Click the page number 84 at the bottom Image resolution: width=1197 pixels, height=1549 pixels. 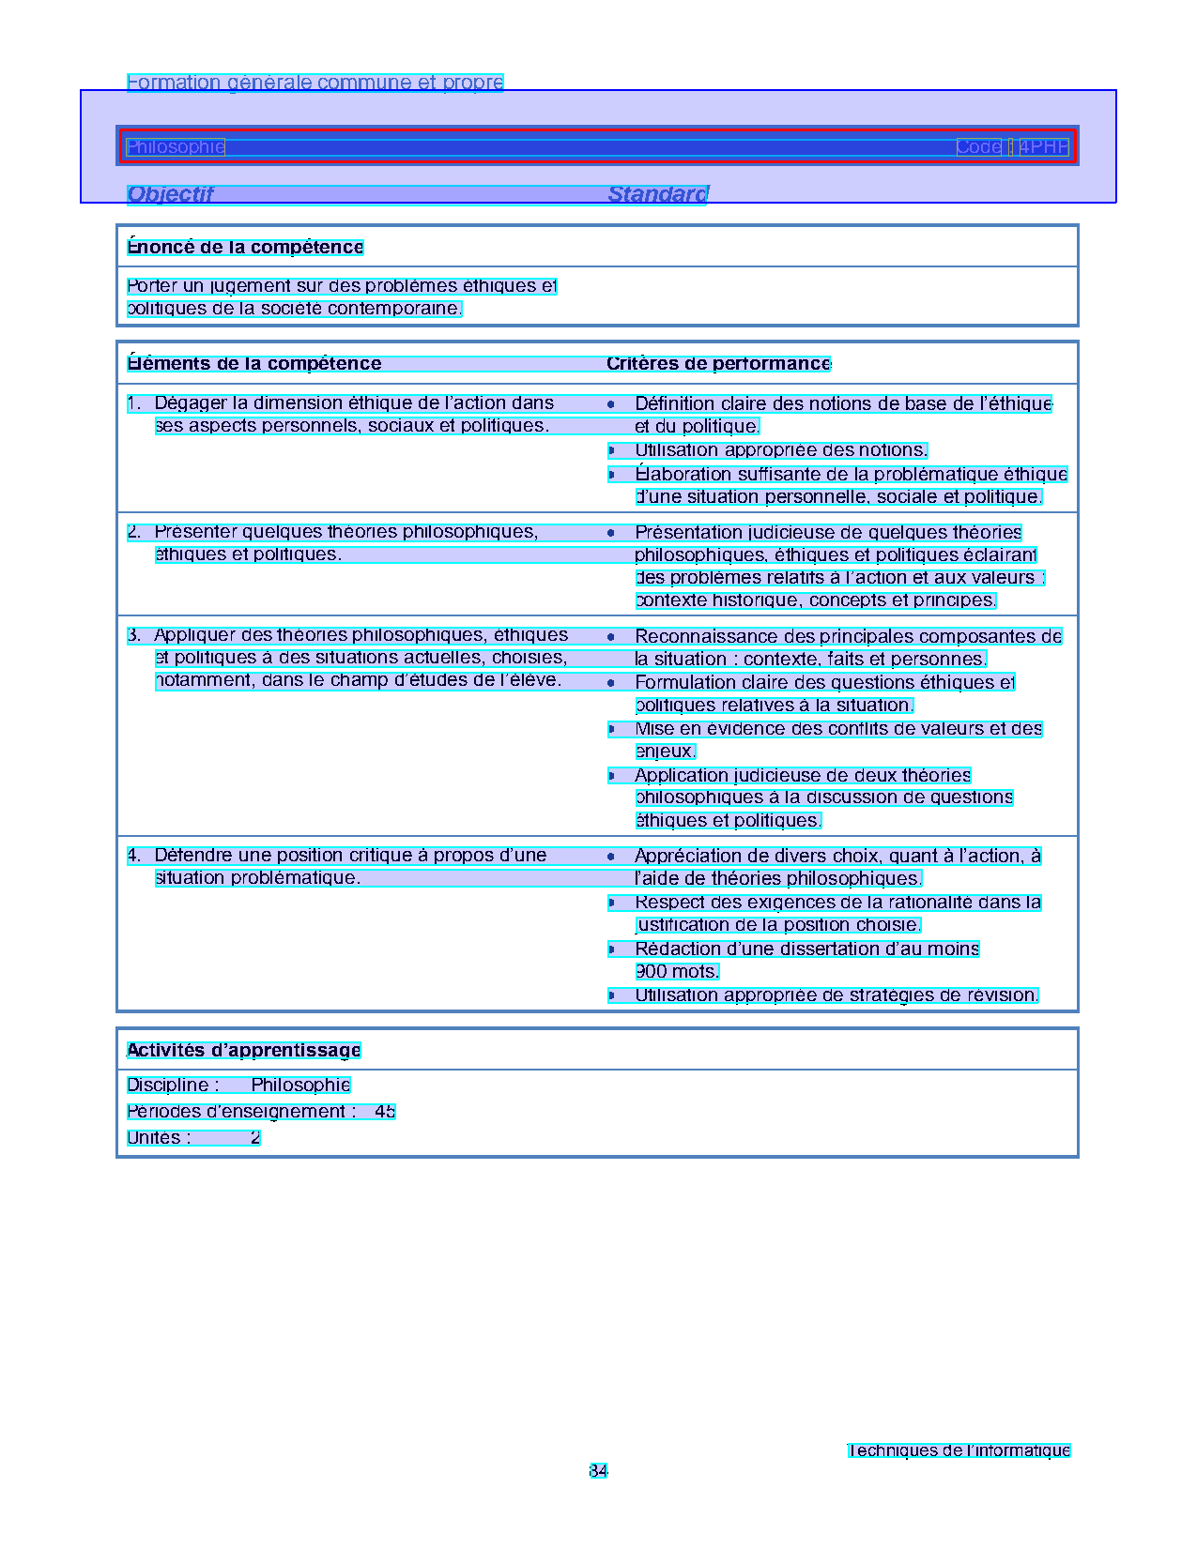[x=598, y=1471]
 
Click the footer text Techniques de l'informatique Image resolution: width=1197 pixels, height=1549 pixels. [x=959, y=1450]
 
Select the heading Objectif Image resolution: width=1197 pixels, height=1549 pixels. [x=170, y=194]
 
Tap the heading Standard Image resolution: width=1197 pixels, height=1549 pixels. [x=657, y=194]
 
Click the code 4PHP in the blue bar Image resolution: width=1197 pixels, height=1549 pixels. [x=1044, y=147]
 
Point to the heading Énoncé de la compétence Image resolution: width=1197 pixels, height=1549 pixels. [x=245, y=248]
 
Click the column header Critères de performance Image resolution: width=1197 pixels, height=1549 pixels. [x=718, y=364]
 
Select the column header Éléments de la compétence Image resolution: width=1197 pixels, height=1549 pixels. [x=254, y=364]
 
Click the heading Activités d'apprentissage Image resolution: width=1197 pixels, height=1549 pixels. [x=243, y=1051]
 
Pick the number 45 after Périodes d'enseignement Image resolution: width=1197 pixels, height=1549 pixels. [x=385, y=1112]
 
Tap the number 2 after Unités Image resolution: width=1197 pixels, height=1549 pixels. [x=254, y=1138]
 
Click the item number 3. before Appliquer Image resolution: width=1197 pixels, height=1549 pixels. [x=134, y=635]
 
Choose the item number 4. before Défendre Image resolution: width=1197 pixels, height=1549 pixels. [x=134, y=856]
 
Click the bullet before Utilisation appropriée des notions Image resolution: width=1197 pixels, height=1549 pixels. [x=611, y=451]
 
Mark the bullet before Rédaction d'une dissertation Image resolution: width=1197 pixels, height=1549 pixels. [x=611, y=949]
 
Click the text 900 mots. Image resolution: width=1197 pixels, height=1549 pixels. [x=677, y=972]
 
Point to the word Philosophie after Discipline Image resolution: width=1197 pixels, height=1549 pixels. [x=300, y=1086]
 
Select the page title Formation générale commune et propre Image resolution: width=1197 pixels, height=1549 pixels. [x=315, y=83]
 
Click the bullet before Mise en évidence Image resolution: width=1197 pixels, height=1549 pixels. [x=611, y=729]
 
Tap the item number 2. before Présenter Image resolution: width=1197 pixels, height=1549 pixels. [x=134, y=532]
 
